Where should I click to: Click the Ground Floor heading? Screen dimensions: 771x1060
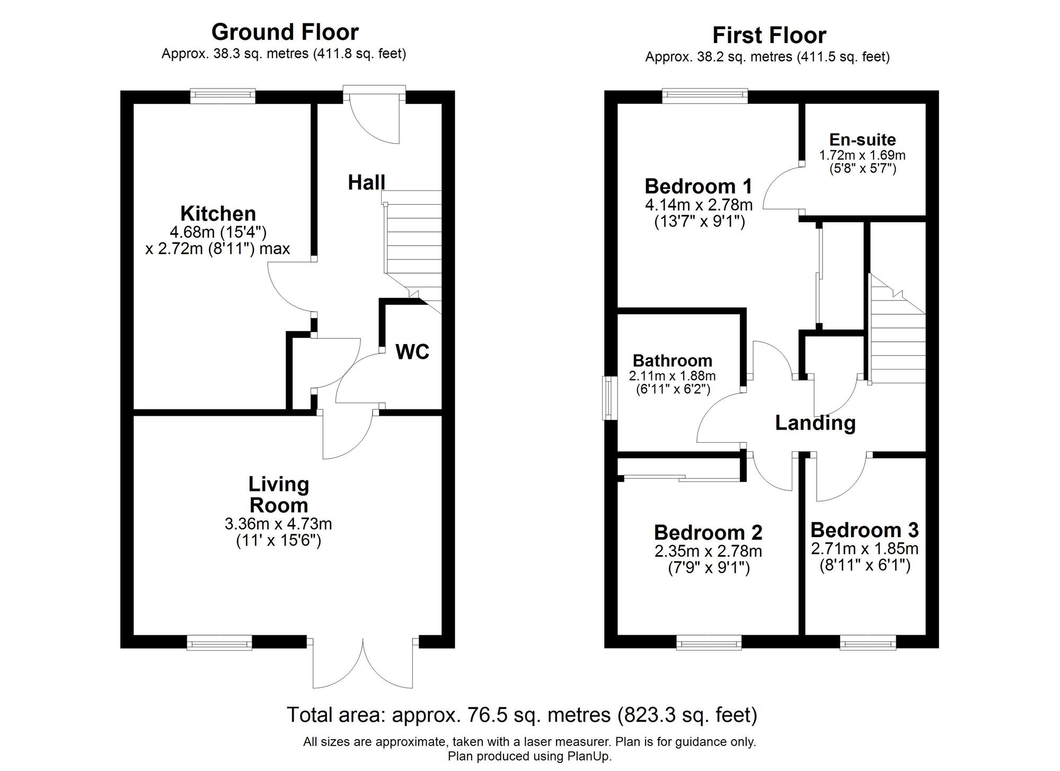pos(285,32)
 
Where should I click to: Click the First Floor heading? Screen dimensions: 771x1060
pos(768,36)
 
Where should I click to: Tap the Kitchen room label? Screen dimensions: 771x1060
pos(218,214)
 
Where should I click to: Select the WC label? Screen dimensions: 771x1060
pos(412,352)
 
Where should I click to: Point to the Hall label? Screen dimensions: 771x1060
pos(366,182)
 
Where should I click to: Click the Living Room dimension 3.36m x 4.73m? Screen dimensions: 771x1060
pos(278,524)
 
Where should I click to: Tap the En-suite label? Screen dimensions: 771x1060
pos(862,139)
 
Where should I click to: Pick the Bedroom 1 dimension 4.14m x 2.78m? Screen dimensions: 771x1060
pos(699,205)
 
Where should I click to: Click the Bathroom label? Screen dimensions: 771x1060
pos(672,361)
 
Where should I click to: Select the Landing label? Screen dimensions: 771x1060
pos(815,423)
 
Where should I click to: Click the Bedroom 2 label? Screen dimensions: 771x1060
pos(708,532)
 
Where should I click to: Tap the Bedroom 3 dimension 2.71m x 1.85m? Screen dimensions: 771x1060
pos(864,548)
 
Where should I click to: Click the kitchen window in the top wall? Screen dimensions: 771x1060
pos(223,95)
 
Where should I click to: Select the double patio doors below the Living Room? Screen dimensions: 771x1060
pos(363,665)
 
